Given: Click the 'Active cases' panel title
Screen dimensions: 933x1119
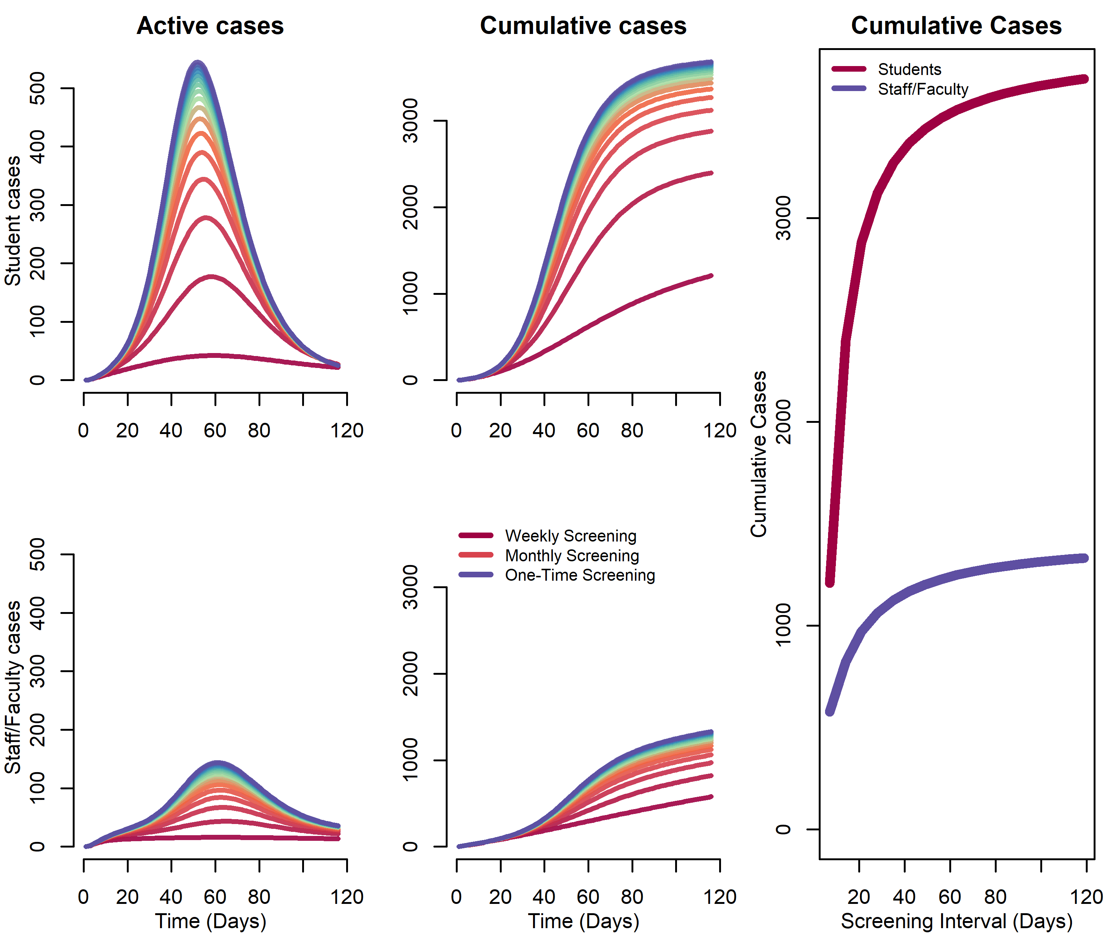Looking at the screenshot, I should (x=210, y=26).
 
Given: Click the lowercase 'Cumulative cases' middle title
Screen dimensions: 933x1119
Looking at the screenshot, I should (x=583, y=26).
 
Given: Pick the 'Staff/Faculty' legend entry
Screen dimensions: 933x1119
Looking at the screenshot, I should (x=922, y=89).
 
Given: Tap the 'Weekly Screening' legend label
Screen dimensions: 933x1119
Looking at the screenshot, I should (x=570, y=536).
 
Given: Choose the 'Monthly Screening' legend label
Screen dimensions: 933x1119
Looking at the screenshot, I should (x=572, y=556).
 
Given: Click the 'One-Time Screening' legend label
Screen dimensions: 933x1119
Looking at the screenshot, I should (x=580, y=575).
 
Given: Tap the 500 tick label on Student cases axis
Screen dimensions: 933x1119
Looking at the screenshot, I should (x=37, y=88).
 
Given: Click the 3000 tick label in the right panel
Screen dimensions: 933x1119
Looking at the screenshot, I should (x=783, y=218).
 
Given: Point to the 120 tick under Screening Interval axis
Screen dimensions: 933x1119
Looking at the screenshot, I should (x=1086, y=897).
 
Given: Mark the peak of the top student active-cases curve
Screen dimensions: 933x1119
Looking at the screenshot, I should (x=198, y=64).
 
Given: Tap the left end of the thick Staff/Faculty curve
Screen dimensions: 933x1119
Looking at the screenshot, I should (x=830, y=712).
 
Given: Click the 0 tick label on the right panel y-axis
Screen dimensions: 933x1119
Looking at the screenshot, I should (x=783, y=829).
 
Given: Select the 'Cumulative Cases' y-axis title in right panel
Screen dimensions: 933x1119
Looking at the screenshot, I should (x=758, y=453).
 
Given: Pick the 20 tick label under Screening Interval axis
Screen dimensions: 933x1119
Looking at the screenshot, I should (x=859, y=897).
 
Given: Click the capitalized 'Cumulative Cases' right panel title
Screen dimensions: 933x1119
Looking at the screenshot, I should (x=956, y=26).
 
